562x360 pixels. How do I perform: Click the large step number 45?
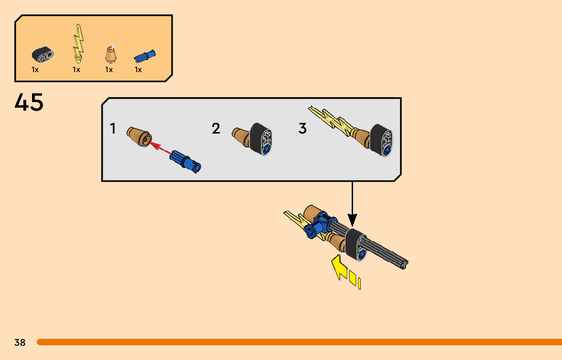[x=29, y=103]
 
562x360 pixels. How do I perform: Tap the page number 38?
[x=20, y=343]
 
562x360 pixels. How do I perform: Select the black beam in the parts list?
[x=43, y=53]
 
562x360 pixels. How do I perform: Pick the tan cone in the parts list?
[x=110, y=53]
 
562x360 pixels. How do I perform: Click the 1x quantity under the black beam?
[x=35, y=70]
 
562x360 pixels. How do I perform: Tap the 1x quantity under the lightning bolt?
[x=76, y=70]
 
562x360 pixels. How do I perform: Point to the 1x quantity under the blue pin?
[x=138, y=70]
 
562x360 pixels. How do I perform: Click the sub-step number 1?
[x=113, y=129]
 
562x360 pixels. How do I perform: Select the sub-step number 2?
[x=216, y=129]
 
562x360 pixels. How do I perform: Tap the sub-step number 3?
[x=302, y=129]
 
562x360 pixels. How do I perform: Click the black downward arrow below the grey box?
[x=352, y=203]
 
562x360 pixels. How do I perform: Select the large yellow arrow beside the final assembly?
[x=339, y=268]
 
